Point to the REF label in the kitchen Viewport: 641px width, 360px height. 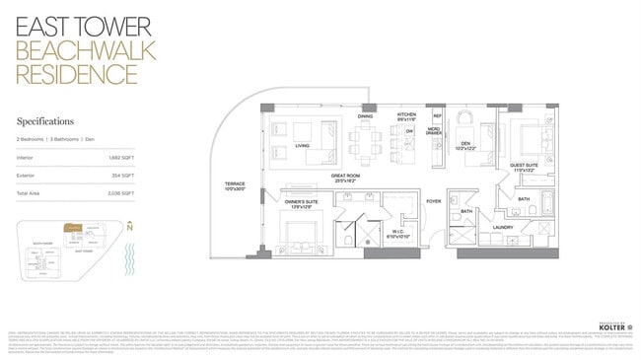coord(437,116)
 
